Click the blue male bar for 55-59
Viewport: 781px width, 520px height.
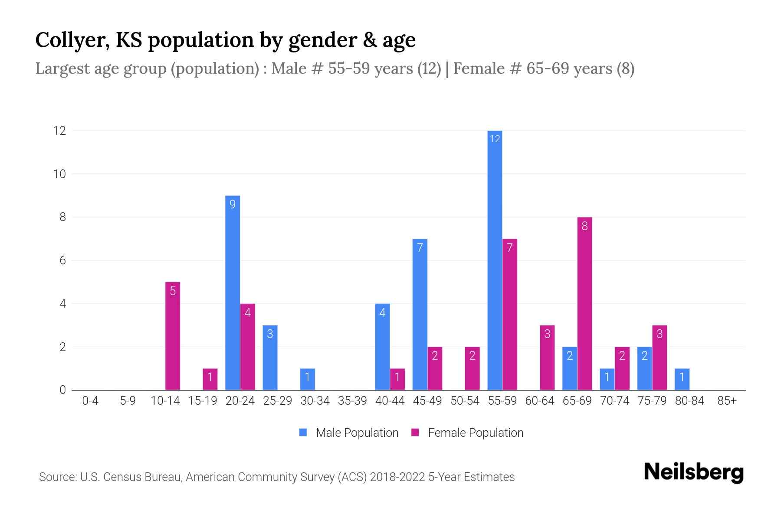(495, 260)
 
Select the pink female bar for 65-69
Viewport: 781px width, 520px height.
(584, 303)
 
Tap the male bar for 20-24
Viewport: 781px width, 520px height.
(233, 292)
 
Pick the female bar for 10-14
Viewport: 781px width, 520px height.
(173, 336)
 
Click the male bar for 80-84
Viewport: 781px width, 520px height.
(682, 379)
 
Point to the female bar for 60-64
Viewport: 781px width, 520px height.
(547, 357)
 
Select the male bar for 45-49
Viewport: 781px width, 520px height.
(420, 314)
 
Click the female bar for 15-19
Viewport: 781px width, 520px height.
(210, 379)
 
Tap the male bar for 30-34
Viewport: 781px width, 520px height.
(307, 379)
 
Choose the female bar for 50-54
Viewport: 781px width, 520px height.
(472, 368)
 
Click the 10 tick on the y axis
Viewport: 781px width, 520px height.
(59, 174)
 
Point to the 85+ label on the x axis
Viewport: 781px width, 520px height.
(727, 401)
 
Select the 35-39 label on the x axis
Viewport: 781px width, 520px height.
(352, 401)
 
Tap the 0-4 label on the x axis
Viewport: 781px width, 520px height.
(90, 401)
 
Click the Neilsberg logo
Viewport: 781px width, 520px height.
(693, 472)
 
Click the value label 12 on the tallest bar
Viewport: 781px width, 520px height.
(495, 139)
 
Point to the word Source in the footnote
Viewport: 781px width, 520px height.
(57, 477)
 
